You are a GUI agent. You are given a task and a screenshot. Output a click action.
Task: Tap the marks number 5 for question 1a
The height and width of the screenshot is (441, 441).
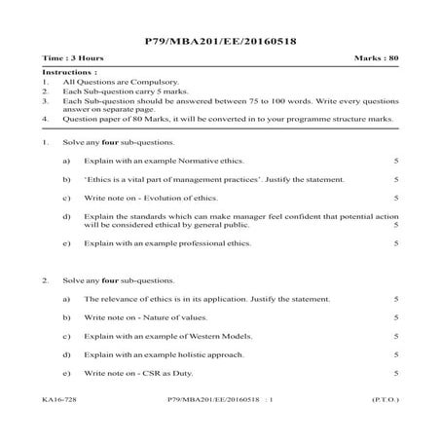395,160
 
